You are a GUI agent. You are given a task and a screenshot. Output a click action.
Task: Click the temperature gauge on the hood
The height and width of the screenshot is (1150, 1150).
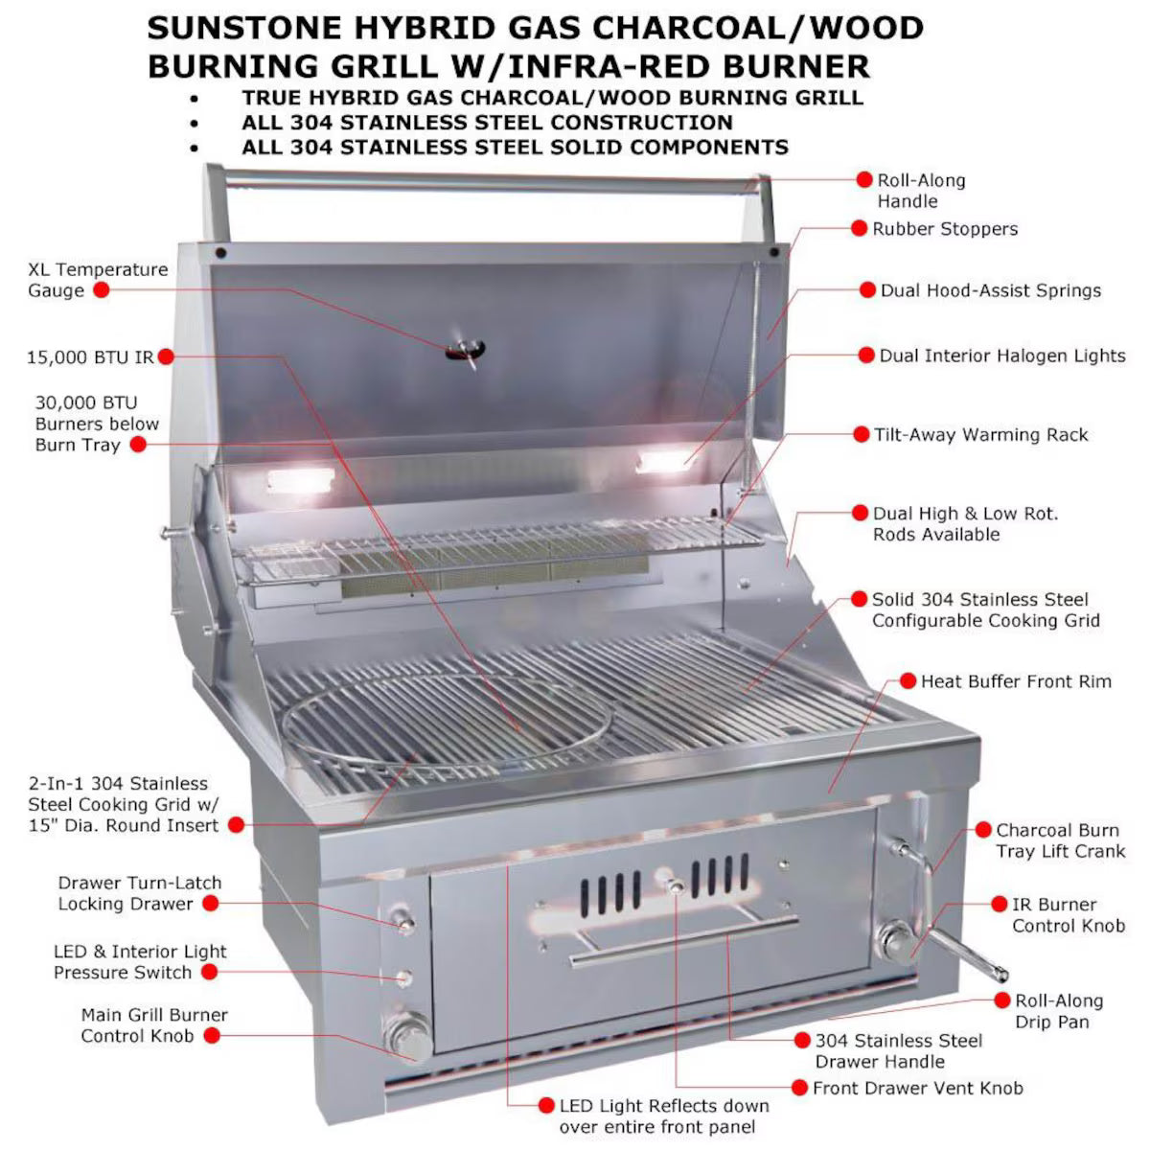[x=466, y=350]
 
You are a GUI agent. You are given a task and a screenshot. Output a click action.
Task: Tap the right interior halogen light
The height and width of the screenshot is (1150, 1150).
[x=660, y=462]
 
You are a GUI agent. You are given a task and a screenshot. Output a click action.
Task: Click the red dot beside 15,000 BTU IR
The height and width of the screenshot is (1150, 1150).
[x=165, y=356]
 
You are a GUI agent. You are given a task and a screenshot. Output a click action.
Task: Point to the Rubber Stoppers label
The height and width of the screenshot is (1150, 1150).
[x=944, y=229]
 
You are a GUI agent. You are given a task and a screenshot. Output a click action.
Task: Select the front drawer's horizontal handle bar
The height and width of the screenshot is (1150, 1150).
[x=684, y=941]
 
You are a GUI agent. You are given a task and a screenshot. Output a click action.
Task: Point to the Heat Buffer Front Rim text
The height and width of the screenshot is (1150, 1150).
[x=1016, y=681]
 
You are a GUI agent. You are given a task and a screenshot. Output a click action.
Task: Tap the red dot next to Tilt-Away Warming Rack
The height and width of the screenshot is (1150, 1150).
[x=861, y=434]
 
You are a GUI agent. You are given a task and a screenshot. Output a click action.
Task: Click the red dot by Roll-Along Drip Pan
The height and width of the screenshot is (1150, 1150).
[x=1001, y=1000]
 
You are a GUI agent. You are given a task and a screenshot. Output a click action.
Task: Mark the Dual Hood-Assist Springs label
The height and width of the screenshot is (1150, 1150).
[x=990, y=290]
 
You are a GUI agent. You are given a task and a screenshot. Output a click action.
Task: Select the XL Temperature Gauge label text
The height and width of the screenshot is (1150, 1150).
[x=97, y=280]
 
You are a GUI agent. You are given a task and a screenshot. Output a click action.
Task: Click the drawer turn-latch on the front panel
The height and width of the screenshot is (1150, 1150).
[x=404, y=922]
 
